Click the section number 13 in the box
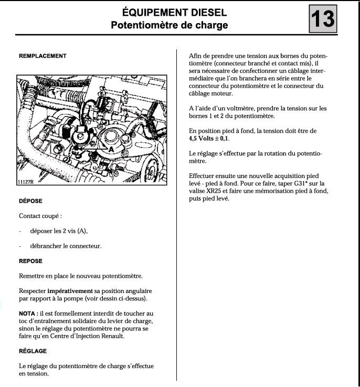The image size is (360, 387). pos(322,19)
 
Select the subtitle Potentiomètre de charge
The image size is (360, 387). pos(169,25)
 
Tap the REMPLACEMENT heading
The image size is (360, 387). pos(43,56)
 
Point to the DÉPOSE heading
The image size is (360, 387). pos(30,201)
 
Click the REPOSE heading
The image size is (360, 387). pos(30,261)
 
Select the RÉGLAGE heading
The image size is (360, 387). pos(33,351)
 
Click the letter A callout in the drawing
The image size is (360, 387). pos(111,150)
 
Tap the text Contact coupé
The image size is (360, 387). pos(40,216)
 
